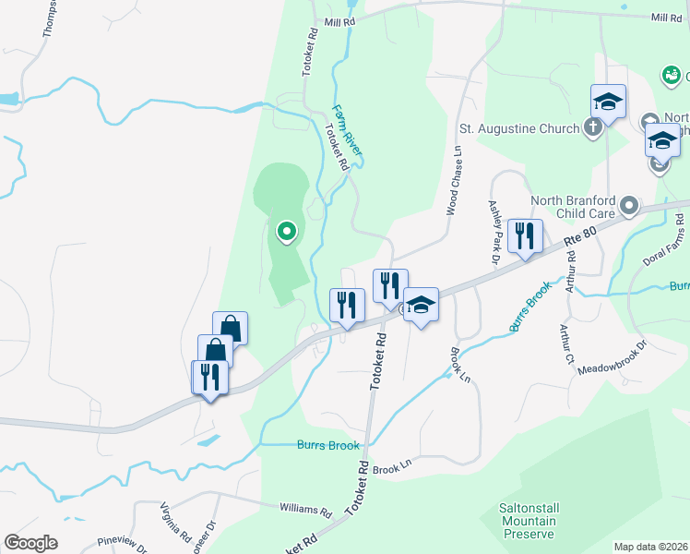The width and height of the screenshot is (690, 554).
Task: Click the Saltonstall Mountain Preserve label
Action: pyautogui.click(x=529, y=521)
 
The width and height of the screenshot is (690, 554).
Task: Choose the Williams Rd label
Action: pyautogui.click(x=305, y=509)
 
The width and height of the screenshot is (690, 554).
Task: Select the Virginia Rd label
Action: pyautogui.click(x=174, y=523)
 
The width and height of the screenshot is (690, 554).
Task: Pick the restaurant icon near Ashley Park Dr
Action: pyautogui.click(x=525, y=235)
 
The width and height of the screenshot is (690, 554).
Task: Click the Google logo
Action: pyautogui.click(x=30, y=543)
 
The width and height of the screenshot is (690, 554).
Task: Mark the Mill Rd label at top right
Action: pyautogui.click(x=665, y=18)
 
